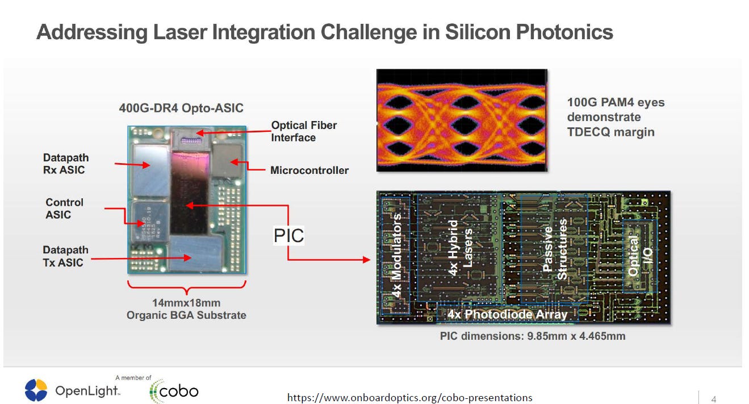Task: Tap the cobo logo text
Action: point(178,391)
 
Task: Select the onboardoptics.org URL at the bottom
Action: point(409,397)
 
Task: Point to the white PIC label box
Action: point(289,235)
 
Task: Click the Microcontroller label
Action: point(309,170)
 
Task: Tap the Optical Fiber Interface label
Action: point(304,131)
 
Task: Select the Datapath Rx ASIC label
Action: point(66,164)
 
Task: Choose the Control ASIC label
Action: point(64,209)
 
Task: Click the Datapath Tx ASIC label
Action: point(65,256)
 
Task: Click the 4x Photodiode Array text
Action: point(507,314)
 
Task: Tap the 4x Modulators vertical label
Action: point(397,255)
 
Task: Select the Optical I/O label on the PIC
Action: point(640,256)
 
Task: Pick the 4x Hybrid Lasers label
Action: point(459,248)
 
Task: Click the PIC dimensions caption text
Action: point(533,336)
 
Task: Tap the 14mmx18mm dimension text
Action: point(186,302)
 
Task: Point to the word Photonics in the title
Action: point(564,32)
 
